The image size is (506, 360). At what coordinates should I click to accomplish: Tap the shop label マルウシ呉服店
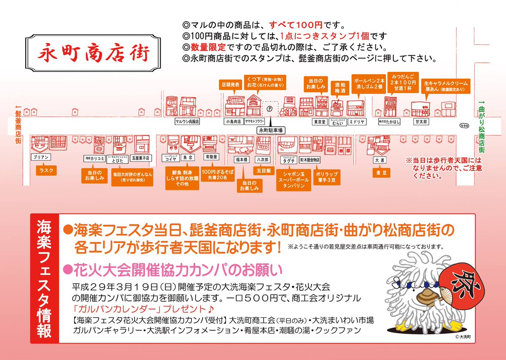coord(187,121)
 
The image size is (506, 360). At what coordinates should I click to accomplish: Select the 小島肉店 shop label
coord(233,121)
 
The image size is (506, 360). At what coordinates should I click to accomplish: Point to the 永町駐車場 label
coord(270,131)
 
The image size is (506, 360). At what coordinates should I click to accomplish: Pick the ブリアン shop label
coord(40,157)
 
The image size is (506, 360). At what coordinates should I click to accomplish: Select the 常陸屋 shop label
coord(211,157)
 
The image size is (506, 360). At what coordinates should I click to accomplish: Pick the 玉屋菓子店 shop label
coord(140,158)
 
